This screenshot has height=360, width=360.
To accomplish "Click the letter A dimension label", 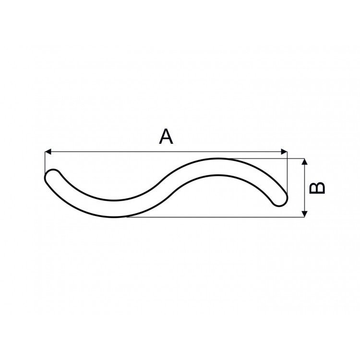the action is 166,137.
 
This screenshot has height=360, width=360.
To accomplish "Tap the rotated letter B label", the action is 317,188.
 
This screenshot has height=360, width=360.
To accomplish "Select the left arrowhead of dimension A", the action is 48,152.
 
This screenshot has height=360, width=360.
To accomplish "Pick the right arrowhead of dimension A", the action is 284,152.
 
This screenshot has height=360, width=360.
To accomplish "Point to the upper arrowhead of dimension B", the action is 304,161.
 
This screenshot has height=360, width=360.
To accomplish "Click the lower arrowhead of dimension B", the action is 304,214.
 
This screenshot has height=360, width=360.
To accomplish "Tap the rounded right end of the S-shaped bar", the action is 281,199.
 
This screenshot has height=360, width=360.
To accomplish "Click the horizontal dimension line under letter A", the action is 166,152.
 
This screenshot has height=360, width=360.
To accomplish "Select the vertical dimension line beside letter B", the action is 304,188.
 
